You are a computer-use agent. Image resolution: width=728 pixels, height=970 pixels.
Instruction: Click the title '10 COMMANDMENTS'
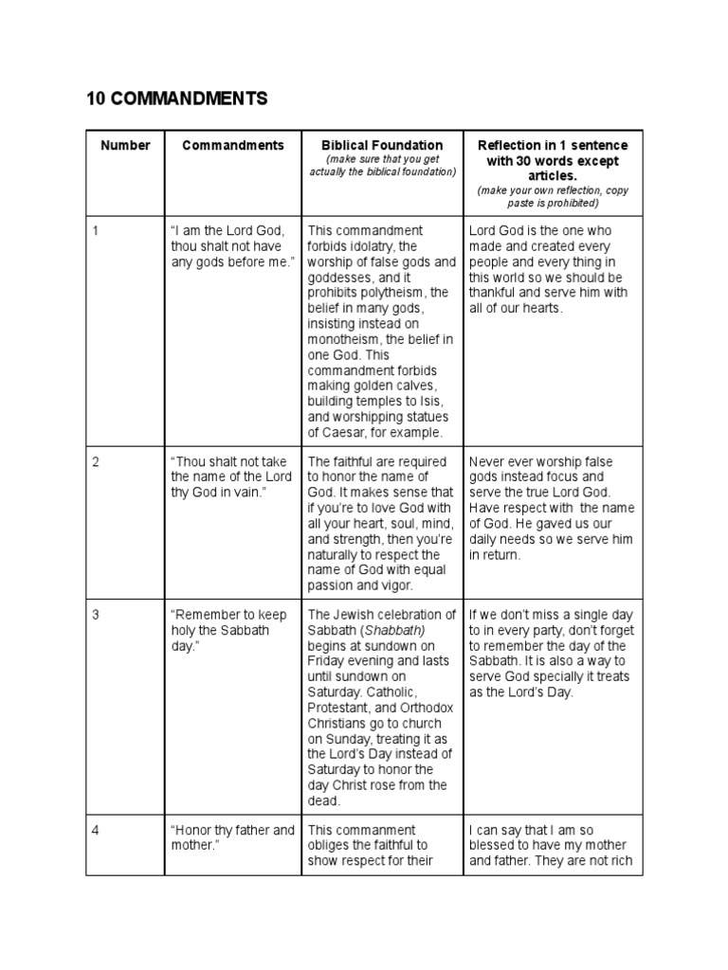tap(177, 99)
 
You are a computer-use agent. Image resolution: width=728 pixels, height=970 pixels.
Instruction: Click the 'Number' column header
tap(125, 146)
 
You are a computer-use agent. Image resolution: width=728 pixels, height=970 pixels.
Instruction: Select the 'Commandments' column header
tap(233, 146)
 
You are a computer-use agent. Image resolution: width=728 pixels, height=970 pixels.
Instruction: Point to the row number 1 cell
tap(96, 231)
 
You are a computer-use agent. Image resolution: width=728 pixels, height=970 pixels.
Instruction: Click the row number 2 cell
tap(96, 462)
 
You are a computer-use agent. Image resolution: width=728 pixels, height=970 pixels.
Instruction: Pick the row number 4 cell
tap(96, 831)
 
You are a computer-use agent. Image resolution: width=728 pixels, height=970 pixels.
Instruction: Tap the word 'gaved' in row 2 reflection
tap(566, 524)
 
